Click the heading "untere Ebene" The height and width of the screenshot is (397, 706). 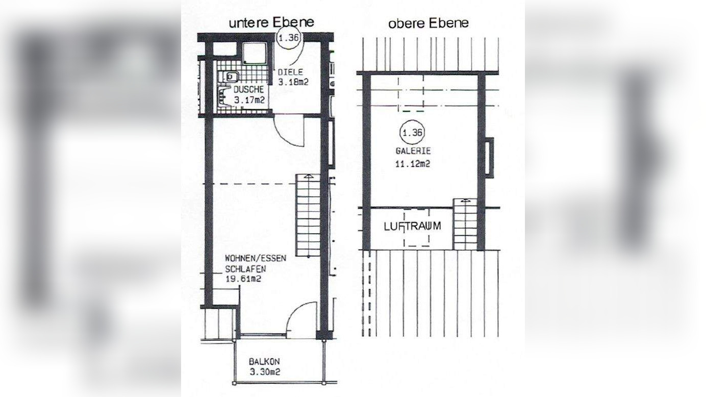point(271,22)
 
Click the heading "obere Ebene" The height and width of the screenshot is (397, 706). point(428,23)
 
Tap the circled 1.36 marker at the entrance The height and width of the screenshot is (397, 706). point(289,38)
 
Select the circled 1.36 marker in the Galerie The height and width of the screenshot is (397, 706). point(412,133)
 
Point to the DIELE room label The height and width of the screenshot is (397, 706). point(290,72)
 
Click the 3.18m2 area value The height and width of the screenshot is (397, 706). point(293,82)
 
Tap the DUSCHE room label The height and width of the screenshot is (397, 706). point(248,89)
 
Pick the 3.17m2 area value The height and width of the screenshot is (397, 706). point(249,101)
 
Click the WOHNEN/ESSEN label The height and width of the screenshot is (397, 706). point(256,258)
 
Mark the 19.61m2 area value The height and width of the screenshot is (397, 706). point(243,279)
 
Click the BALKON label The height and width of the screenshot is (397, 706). point(264,361)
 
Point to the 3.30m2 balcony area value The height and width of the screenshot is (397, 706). point(265,372)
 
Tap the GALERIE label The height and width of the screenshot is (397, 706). point(413,151)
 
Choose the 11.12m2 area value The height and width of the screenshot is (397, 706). point(413,164)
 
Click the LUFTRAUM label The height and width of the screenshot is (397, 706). point(412,226)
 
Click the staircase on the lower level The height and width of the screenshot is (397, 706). point(308,215)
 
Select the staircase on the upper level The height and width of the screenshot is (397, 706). point(465,224)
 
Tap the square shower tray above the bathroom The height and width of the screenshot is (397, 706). point(255,54)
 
